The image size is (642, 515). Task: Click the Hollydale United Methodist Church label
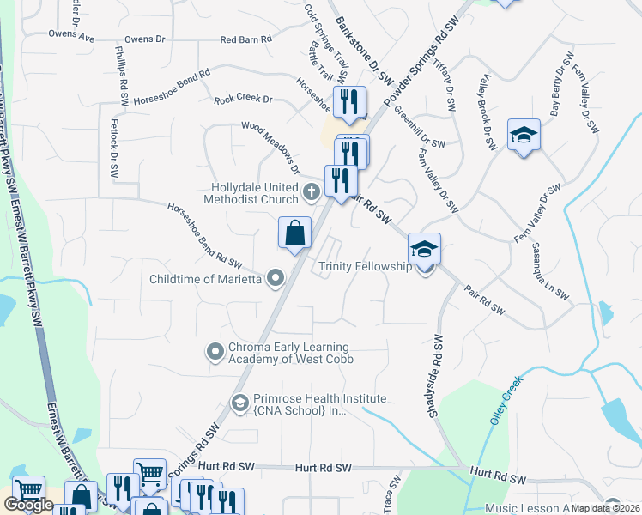coord(259,193)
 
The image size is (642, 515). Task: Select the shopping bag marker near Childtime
coord(294,233)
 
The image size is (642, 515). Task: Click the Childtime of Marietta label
coord(205,277)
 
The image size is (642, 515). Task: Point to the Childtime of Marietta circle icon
coord(276,277)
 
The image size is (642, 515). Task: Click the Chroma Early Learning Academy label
coord(291,353)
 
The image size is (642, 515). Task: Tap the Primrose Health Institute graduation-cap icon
coord(241,402)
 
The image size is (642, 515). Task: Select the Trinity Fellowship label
coord(366,267)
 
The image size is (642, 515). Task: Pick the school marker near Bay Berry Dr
coord(524,136)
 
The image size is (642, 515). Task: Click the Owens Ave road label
coord(72,39)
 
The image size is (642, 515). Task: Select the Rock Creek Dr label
coord(243,100)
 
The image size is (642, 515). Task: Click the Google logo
coord(27,505)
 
